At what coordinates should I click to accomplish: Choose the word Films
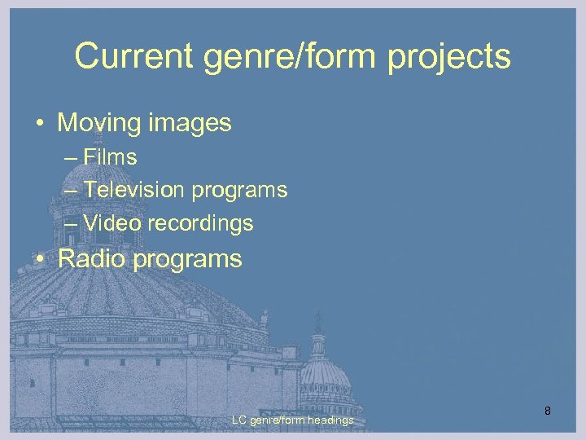click(110, 157)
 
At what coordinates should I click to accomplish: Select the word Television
click(134, 190)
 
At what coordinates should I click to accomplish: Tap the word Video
click(105, 222)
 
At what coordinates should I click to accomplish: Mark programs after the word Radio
click(189, 260)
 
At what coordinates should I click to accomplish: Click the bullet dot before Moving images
click(39, 124)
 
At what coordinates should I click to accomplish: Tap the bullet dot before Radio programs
click(39, 260)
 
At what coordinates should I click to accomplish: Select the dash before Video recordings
click(70, 223)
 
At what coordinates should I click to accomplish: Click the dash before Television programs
click(70, 191)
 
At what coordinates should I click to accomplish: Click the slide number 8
click(548, 411)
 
